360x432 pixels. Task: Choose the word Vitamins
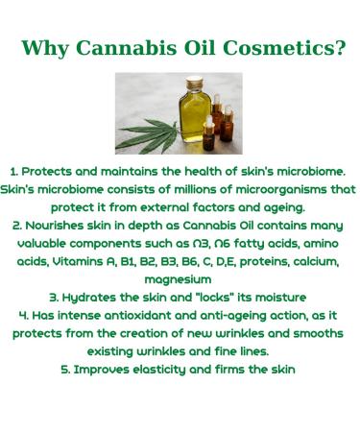pos(80,261)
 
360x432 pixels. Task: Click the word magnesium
pos(180,279)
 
